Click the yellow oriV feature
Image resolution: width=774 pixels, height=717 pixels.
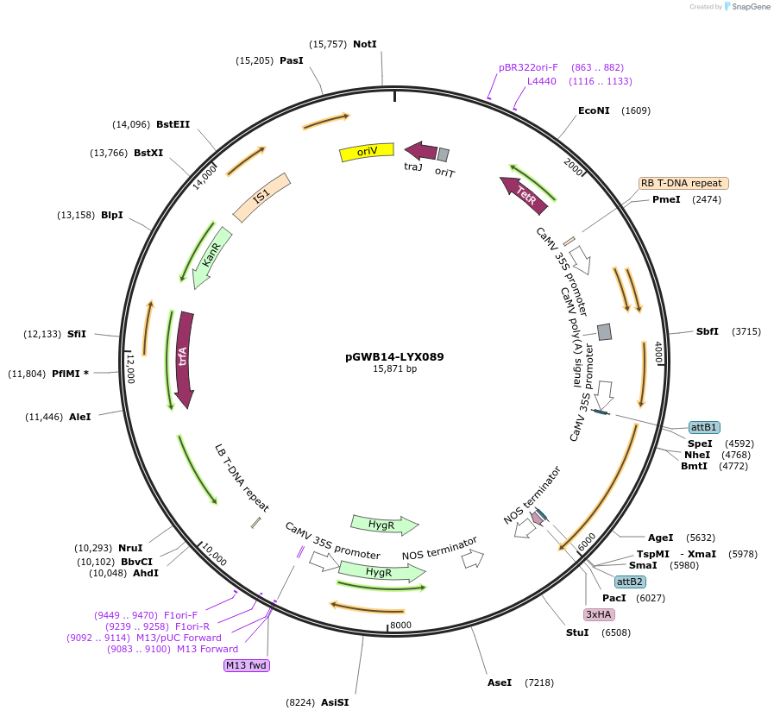(x=367, y=152)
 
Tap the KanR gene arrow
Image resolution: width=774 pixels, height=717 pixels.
(x=211, y=256)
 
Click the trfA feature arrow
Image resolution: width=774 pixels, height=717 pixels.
(x=184, y=358)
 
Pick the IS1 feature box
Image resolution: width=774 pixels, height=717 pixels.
(x=261, y=198)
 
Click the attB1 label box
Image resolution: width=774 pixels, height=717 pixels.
(x=704, y=427)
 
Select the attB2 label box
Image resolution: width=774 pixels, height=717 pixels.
(x=630, y=582)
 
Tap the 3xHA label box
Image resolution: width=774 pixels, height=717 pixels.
(x=599, y=614)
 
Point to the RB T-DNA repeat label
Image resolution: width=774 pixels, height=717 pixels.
(x=683, y=183)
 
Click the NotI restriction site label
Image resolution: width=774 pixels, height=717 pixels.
(x=365, y=44)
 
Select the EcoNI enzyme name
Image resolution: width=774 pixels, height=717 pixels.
(x=594, y=110)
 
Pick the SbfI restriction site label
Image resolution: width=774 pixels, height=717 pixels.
(x=708, y=331)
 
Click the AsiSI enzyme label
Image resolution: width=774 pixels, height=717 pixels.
(x=335, y=702)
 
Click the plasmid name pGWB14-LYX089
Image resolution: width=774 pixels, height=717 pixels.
(x=394, y=356)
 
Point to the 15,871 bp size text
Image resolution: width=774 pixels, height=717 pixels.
(x=394, y=368)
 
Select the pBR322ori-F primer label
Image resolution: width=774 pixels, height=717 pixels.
(x=528, y=67)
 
